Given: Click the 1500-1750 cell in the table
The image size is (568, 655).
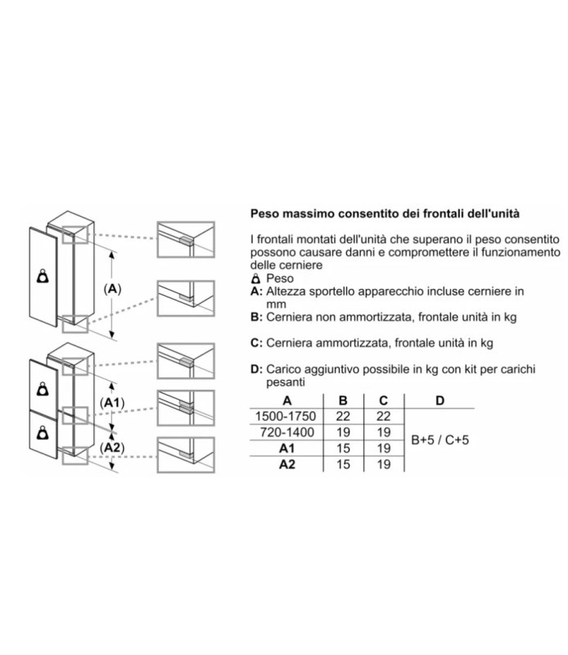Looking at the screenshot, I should coord(287,416).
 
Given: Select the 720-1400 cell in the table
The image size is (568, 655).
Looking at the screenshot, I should coord(287,431).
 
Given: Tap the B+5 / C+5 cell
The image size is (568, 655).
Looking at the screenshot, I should coord(440,440).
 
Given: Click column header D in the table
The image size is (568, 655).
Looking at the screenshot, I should coord(440,400).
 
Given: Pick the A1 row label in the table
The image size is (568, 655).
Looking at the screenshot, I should coord(287,448).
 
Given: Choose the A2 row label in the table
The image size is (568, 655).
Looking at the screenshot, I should coord(287,464).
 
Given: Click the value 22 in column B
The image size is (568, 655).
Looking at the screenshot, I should coord(344,416).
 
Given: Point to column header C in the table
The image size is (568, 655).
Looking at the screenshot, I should coord(382,400).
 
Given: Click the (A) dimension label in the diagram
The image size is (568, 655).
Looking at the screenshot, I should coord(113,288).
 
